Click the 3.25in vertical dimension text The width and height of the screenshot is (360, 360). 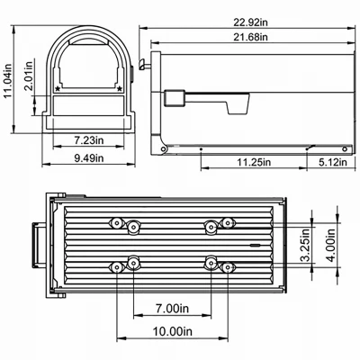point(306,244)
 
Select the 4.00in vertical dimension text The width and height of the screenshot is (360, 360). point(333,244)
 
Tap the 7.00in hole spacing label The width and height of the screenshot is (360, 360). point(170,309)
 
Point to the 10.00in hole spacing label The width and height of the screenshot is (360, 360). point(170,331)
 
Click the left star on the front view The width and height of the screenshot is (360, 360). point(59,89)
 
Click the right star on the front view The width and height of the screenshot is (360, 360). point(120,89)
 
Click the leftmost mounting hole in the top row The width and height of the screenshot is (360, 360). point(114,222)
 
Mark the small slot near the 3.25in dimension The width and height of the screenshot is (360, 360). point(257,244)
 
